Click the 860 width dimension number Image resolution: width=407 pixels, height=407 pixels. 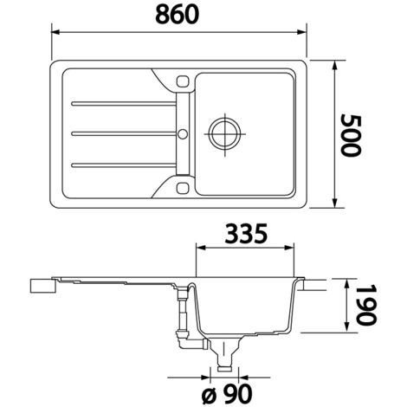(177, 15)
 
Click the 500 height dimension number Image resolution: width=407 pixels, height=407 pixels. (351, 135)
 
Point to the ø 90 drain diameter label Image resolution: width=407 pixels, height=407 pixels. (227, 394)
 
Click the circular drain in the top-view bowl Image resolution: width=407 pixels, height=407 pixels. (224, 133)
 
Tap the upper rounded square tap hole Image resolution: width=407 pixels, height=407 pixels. (182, 81)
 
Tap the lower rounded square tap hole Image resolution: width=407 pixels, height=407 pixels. (182, 188)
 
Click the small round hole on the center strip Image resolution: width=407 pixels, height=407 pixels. (183, 134)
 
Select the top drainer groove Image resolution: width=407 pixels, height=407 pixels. (124, 103)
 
